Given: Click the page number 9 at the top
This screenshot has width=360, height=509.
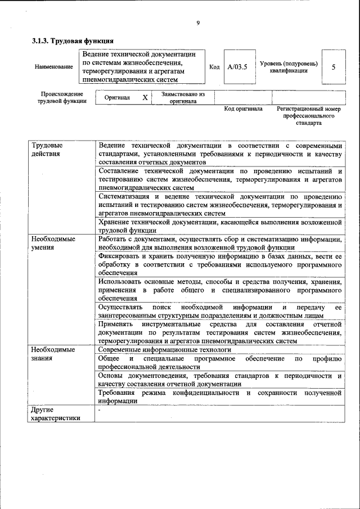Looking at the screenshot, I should (x=198, y=23).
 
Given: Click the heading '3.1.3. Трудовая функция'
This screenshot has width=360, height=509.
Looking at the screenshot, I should (x=73, y=41).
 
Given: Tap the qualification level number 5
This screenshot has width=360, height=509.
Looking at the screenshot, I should (x=334, y=67).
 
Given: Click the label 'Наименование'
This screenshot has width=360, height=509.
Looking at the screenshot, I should (x=53, y=67).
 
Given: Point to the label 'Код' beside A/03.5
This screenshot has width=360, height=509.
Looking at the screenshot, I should (x=214, y=67).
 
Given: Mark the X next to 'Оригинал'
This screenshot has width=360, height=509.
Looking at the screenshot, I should (x=145, y=97).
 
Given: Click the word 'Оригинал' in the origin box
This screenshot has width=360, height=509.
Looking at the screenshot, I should (x=117, y=97).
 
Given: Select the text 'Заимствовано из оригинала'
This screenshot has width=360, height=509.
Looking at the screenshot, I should (x=183, y=98).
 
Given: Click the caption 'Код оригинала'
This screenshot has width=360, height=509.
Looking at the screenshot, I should (x=243, y=109).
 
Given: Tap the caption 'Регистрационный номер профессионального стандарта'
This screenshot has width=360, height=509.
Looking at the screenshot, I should (x=309, y=115).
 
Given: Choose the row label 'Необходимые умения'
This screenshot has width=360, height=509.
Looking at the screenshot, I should (x=53, y=243).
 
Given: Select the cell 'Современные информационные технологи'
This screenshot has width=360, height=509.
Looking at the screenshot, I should (x=165, y=349).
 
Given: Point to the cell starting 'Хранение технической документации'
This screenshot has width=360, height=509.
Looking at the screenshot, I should (x=219, y=226).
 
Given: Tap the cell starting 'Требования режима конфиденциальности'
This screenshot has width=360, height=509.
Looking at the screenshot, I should (x=219, y=397).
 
